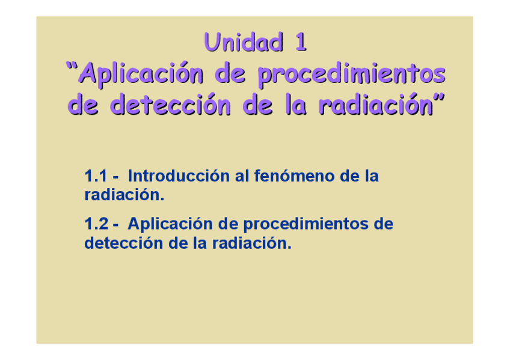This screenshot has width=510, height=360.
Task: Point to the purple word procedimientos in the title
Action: point(352,75)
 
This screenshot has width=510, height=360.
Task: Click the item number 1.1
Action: point(95,177)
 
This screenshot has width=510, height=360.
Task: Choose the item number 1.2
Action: point(95,224)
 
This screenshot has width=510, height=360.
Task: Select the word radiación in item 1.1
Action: point(124,195)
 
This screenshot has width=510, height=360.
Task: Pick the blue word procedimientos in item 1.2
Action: point(307,225)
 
